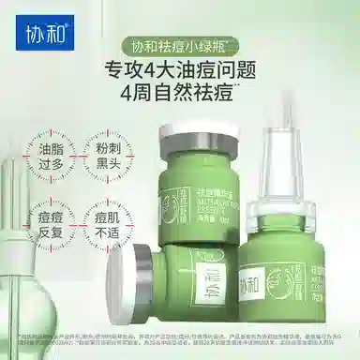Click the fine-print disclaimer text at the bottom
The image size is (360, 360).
click(180, 344)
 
